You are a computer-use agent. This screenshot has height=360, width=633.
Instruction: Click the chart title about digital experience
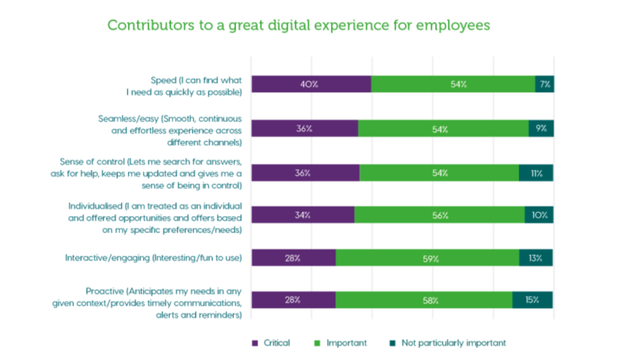[299, 25]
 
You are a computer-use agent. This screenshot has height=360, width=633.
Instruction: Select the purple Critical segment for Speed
[311, 84]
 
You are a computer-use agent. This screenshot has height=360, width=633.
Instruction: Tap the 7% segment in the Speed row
[545, 84]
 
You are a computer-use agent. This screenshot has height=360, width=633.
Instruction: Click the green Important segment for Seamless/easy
[443, 129]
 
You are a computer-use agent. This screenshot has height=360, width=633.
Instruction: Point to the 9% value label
[542, 129]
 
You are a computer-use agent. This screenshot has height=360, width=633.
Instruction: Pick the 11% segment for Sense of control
[536, 173]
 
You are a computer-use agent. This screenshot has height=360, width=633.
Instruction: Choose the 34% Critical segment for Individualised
[302, 215]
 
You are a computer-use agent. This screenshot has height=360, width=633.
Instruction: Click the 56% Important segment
[440, 215]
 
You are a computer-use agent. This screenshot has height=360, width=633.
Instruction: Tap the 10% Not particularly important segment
[539, 215]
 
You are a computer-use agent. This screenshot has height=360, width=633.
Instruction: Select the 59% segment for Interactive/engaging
[427, 258]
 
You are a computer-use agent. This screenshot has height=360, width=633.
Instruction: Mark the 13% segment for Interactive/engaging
[536, 258]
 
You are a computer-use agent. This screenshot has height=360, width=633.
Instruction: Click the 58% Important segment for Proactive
[423, 300]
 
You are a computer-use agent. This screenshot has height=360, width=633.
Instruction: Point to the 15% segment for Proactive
[532, 300]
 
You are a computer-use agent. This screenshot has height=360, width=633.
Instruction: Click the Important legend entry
[341, 343]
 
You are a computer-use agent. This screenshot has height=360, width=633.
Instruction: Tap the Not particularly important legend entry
[448, 343]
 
